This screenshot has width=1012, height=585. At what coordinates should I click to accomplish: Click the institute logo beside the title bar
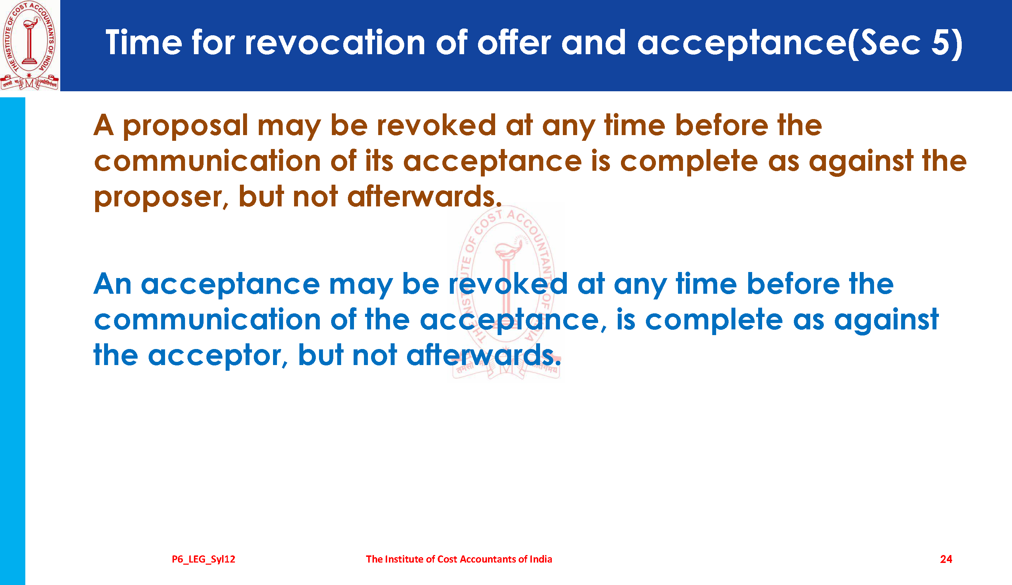(x=30, y=45)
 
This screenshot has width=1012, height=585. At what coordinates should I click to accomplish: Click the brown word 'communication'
(x=207, y=161)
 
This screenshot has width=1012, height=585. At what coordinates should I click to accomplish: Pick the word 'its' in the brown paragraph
(x=379, y=161)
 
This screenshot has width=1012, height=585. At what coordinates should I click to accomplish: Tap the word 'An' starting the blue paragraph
(x=112, y=284)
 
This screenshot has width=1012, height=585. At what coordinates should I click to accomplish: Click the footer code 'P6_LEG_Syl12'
(x=204, y=559)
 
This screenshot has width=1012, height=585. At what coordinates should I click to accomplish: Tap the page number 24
(x=946, y=559)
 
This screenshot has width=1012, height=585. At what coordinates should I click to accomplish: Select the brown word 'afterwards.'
(x=425, y=196)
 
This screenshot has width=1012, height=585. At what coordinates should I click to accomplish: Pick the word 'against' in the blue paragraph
(x=887, y=321)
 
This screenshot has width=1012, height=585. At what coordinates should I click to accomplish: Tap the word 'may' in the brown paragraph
(x=289, y=127)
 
